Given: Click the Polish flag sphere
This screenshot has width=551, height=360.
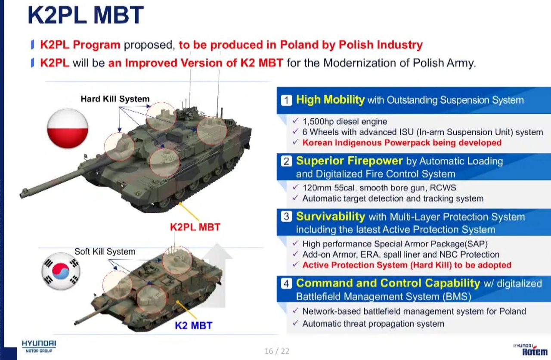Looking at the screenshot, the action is [68, 128].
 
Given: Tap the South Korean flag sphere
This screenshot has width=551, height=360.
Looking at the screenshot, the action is [61, 271].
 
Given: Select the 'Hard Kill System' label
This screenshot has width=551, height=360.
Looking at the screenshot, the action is [115, 99].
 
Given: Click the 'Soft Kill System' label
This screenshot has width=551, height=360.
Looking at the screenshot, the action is [105, 251].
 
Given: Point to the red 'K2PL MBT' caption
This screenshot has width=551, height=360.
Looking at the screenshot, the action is [195, 227].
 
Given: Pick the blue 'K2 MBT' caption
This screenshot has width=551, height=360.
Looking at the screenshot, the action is [194, 326].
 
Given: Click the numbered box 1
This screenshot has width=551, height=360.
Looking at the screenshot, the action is [286, 100].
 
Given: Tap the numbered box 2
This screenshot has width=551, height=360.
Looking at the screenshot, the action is [286, 161].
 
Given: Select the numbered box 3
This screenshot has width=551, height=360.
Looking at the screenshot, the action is [286, 217].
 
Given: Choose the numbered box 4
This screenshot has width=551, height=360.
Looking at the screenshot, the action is [286, 283].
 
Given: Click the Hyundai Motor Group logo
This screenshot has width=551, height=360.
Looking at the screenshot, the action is [39, 347].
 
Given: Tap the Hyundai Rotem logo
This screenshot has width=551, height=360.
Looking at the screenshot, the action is [531, 350].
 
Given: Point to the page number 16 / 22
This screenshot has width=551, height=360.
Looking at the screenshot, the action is [277, 351].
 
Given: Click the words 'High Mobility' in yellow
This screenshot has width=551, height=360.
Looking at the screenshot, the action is [330, 100].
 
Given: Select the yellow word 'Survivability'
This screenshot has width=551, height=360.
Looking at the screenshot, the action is [331, 217].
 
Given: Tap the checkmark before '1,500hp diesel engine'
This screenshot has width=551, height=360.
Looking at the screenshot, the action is [295, 121].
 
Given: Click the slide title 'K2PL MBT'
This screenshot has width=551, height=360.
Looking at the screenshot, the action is [86, 15].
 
